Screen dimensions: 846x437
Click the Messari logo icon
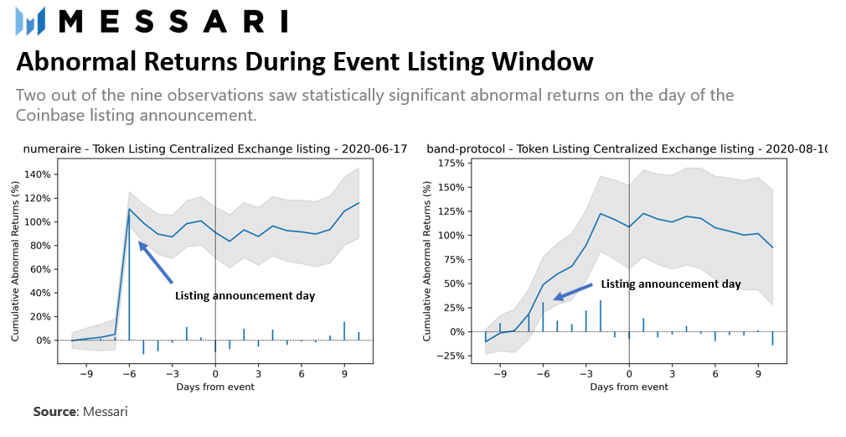[x=30, y=22]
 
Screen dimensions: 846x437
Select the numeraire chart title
[x=214, y=149]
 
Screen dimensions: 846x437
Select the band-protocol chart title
[x=627, y=149]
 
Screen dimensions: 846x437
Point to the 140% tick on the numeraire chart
[x=38, y=174]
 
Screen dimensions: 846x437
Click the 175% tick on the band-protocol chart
[x=451, y=163]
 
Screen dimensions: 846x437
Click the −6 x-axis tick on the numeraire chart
[x=129, y=373]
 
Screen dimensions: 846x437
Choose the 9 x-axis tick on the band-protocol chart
[x=758, y=373]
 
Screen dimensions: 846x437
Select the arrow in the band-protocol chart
[x=573, y=292]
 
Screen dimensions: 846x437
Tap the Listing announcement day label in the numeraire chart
[x=245, y=296]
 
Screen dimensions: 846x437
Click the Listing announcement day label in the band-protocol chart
[x=671, y=284]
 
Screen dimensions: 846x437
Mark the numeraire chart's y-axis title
[x=15, y=261]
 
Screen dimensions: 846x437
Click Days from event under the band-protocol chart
[x=628, y=387]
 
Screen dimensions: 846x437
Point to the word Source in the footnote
[x=55, y=412]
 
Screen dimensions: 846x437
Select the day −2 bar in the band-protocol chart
[x=600, y=316]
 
